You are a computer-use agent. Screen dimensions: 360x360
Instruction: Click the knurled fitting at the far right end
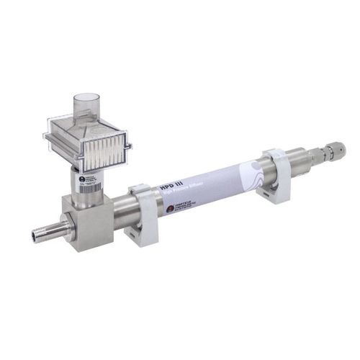(333, 150)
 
